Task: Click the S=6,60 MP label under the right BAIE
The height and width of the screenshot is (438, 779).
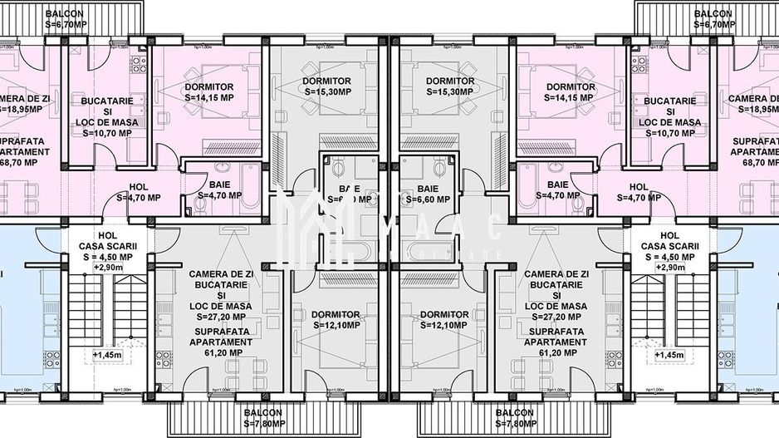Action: click(x=429, y=200)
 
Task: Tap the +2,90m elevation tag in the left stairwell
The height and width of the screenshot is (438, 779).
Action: click(x=109, y=268)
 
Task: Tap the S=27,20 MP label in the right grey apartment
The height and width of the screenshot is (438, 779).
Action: click(x=556, y=317)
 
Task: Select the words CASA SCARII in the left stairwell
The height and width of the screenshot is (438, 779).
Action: click(x=108, y=246)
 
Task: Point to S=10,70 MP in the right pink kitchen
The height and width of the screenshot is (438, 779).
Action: click(x=671, y=133)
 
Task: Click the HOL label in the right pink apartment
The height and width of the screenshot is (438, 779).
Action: click(x=638, y=187)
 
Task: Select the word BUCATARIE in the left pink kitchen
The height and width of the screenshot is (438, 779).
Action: click(x=107, y=101)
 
